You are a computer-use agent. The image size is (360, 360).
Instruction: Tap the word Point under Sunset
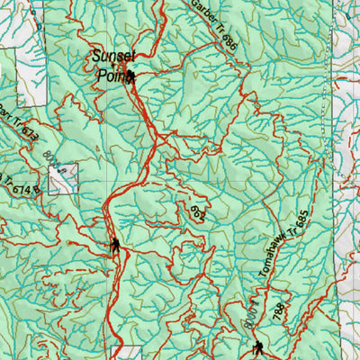click(109, 76)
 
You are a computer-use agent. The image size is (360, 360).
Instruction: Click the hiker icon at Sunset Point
click(131, 77)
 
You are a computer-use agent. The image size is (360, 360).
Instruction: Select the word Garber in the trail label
click(202, 17)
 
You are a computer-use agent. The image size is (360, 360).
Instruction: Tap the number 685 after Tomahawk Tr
click(301, 219)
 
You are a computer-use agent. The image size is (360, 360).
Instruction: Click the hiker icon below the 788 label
click(259, 348)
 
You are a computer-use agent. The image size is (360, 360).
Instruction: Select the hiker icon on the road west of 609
click(115, 245)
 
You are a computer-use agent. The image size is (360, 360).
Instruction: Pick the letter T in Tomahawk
click(262, 277)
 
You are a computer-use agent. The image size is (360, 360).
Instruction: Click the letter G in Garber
click(193, 6)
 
